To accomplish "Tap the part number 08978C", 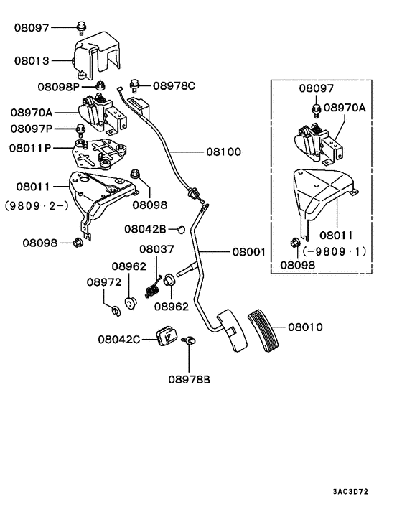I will (174, 85).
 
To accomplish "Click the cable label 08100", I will (223, 152).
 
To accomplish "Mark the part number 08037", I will (156, 248).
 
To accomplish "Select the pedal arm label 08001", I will (248, 252).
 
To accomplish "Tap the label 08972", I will (103, 282).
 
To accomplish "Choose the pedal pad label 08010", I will (305, 327).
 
